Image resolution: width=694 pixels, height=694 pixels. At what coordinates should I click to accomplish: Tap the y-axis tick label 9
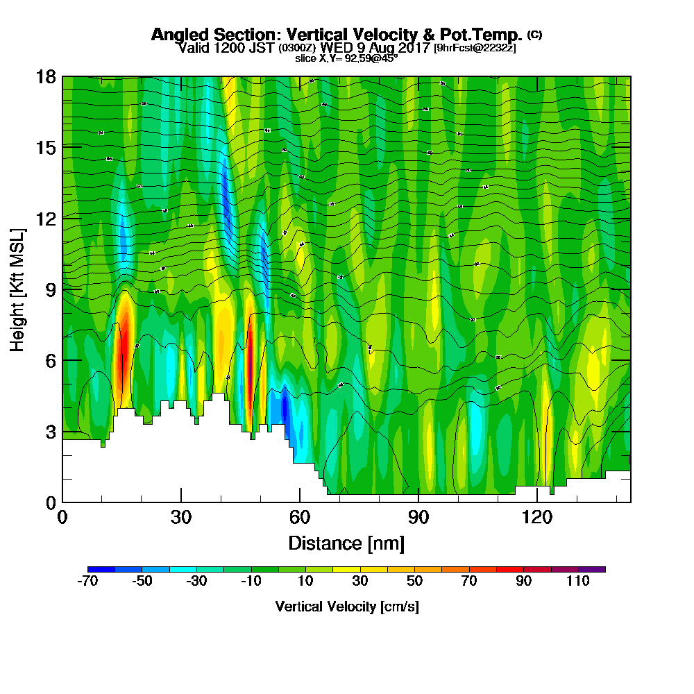click(49, 289)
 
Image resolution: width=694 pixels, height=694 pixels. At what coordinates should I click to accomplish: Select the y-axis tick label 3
click(49, 431)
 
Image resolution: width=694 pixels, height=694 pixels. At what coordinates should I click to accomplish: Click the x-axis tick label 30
click(181, 517)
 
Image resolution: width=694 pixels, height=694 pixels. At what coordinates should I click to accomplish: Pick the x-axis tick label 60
click(300, 517)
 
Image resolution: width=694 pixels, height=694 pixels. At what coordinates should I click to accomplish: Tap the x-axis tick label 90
click(418, 517)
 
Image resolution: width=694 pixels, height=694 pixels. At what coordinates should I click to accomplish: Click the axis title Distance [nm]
click(346, 543)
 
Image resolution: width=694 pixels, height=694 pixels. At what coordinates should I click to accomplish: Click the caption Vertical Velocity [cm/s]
click(346, 607)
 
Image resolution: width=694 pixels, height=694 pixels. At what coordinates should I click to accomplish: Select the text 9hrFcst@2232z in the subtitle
click(475, 48)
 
